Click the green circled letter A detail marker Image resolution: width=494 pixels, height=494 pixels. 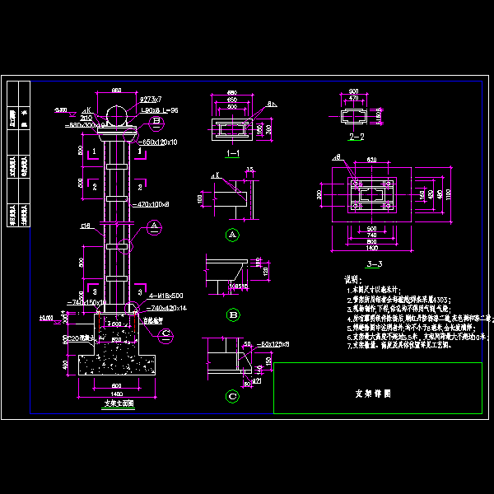point(232,235)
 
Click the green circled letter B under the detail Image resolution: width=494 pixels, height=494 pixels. point(232,315)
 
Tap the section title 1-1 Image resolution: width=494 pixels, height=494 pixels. point(232,153)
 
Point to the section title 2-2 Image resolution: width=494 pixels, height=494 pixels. point(357,136)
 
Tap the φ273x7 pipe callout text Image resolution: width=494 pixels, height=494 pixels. point(151,100)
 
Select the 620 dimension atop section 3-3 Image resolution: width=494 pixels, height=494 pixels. point(371,159)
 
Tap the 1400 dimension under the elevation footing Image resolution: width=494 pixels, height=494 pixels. point(114,394)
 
